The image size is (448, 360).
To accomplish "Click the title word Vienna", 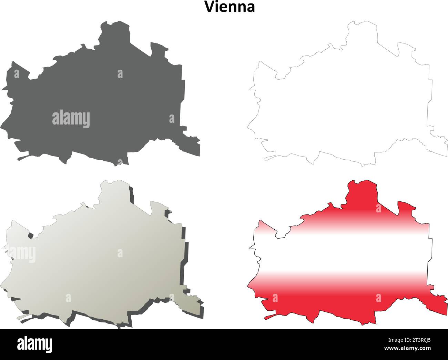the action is (230, 7).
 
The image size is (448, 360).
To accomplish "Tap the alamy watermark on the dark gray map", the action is (71, 119).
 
